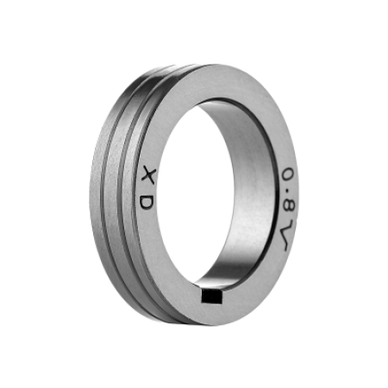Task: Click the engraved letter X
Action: (x=149, y=177)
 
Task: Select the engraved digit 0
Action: (x=289, y=173)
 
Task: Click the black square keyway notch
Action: (x=212, y=297)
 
